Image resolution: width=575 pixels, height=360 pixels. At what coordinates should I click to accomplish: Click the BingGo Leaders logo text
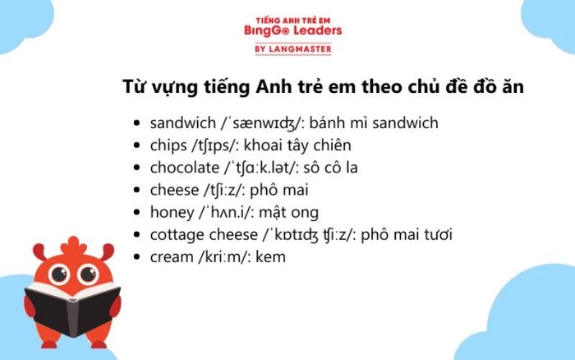293,30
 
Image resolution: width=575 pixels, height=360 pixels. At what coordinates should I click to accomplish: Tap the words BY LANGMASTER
293,48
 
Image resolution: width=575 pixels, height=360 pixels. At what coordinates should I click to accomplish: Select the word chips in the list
168,145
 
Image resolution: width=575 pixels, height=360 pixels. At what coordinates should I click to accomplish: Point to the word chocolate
185,168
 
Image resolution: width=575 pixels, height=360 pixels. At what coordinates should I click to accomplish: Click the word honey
172,213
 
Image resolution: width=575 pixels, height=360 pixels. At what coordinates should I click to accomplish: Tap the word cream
172,257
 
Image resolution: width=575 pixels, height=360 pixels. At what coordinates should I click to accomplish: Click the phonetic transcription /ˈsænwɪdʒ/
263,123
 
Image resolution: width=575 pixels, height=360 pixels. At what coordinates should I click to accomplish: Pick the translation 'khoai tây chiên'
297,145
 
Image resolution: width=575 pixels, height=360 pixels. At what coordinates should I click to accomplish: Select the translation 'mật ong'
288,213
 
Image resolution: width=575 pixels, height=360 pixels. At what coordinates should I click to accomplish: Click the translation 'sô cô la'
330,168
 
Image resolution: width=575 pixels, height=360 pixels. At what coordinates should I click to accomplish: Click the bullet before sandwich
137,123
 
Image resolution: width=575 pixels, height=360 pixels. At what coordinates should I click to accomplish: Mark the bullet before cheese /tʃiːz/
137,190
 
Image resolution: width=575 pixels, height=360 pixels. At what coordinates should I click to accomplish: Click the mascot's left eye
59,274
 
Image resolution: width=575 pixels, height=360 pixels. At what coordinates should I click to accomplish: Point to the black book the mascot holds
72,309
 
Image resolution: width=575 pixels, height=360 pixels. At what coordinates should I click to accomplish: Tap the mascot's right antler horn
107,252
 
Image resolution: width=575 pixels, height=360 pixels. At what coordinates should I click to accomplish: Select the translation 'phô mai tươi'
407,235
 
